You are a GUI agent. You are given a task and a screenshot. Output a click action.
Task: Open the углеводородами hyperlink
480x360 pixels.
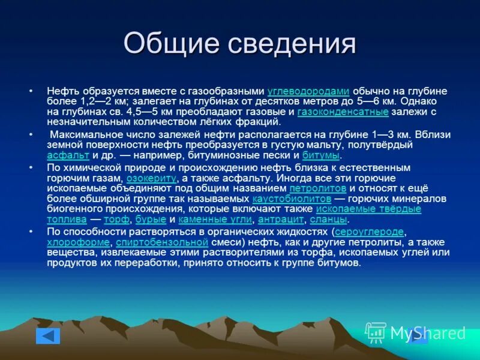point(308,91)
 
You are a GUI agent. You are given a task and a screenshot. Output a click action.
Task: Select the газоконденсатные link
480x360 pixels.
point(343,112)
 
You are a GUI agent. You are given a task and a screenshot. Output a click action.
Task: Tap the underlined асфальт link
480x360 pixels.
point(68,155)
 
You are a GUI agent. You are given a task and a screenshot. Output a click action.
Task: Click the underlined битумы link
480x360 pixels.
point(321,155)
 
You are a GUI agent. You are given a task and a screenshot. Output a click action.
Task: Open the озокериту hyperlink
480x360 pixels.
point(151,178)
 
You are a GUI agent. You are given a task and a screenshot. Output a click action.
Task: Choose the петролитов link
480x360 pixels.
point(317,188)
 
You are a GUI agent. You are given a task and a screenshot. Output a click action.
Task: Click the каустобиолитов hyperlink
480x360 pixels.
point(292,199)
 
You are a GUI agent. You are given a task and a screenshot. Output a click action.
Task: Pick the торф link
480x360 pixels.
point(116,220)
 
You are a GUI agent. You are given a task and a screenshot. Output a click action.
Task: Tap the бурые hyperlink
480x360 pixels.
point(151,220)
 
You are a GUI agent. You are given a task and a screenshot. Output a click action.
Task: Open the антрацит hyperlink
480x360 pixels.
point(280,220)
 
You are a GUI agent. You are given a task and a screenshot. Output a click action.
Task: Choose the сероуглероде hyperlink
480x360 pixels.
point(369,232)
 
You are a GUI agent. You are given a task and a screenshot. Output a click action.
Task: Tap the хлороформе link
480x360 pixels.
point(78,242)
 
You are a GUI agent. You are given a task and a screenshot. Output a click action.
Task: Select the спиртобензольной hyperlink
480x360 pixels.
point(161,242)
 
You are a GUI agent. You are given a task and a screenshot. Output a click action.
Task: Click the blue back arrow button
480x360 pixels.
point(48,335)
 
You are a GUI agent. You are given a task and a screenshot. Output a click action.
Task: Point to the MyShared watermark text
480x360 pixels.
point(427,332)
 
